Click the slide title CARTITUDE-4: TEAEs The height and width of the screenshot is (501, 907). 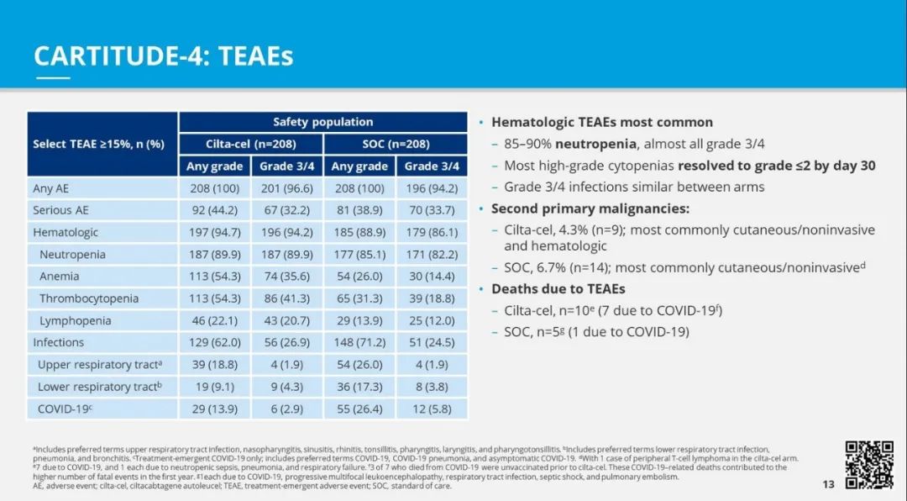pos(163,56)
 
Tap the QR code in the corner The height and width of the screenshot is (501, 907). pos(868,464)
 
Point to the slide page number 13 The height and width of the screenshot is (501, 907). pos(829,484)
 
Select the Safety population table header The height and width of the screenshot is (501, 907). pos(322,122)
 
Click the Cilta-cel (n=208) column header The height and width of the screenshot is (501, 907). pos(250,144)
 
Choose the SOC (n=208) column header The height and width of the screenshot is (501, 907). pos(396,144)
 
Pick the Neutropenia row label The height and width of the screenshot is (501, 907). pos(71,255)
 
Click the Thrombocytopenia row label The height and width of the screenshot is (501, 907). pos(89,298)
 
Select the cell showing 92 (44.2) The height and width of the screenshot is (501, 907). pos(214,210)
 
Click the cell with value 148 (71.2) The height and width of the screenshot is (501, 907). pos(359,342)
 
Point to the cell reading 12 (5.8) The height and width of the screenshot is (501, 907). pos(433,409)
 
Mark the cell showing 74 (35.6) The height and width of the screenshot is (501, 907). pos(286,277)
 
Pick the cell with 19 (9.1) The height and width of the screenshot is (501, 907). pos(214,387)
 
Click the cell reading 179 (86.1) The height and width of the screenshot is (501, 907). pos(433,232)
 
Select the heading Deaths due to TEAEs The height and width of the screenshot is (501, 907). pos(558,288)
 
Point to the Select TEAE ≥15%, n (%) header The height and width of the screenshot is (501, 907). pos(98,144)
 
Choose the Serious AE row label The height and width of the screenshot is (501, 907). pos(60,210)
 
